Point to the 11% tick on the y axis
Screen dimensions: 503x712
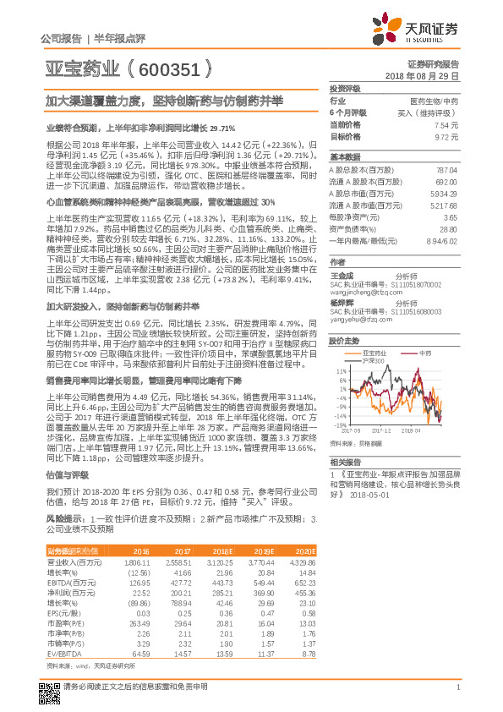(341, 371)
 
